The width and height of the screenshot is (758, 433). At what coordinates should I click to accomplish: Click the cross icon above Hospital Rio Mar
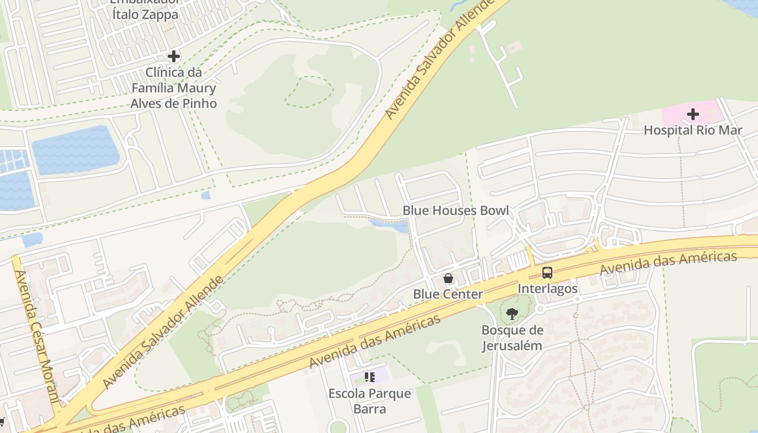click(x=692, y=114)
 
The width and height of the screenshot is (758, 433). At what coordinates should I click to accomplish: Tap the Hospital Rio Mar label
click(x=692, y=130)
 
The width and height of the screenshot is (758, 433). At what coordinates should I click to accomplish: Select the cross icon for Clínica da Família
click(x=173, y=56)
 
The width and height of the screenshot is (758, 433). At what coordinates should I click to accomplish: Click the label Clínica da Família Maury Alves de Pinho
click(x=173, y=88)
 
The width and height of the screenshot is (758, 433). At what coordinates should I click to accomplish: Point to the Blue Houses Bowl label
click(x=455, y=211)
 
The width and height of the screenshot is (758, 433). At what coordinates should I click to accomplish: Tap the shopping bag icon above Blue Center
click(x=448, y=279)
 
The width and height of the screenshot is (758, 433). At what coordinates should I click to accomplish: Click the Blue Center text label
click(x=448, y=294)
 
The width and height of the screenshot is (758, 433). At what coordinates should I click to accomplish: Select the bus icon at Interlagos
click(x=547, y=273)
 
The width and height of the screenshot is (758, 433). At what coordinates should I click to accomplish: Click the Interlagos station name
click(x=547, y=288)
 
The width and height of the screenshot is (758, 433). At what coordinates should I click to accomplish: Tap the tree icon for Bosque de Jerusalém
click(x=512, y=314)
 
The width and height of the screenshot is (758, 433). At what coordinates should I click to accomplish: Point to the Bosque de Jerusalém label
click(x=512, y=338)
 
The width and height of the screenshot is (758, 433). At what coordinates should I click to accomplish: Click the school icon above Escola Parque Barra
click(x=369, y=377)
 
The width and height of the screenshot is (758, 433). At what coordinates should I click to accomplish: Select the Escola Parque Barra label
click(x=369, y=401)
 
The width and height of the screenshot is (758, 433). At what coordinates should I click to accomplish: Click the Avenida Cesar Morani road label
click(x=37, y=336)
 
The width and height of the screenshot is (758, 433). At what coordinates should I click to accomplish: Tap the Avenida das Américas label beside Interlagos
click(x=668, y=263)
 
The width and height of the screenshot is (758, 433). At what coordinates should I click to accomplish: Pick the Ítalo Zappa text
click(x=145, y=15)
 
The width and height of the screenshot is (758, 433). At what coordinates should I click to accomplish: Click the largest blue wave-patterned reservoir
click(x=75, y=150)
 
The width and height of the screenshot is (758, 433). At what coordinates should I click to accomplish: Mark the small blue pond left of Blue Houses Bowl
click(x=389, y=226)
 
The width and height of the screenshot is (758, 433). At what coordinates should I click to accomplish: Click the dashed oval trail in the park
click(x=309, y=91)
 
